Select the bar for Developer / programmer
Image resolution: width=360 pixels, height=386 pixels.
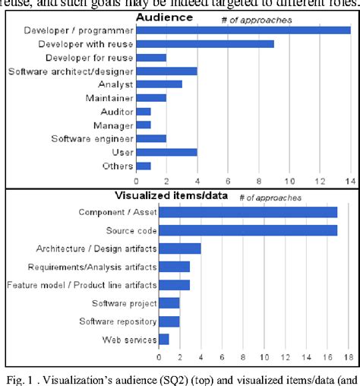pyautogui.click(x=243, y=30)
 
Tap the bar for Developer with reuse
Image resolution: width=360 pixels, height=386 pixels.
pyautogui.click(x=205, y=44)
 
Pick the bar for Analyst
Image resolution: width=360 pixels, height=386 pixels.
pyautogui.click(x=159, y=84)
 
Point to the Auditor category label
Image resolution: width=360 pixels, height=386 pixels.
pyautogui.click(x=117, y=112)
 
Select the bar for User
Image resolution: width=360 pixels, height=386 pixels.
pyautogui.click(x=166, y=152)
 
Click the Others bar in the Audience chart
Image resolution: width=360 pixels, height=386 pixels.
pyautogui.click(x=144, y=166)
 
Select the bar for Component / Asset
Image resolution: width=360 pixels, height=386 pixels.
pyautogui.click(x=248, y=211)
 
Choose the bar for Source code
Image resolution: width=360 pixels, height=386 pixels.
pyautogui.click(x=248, y=229)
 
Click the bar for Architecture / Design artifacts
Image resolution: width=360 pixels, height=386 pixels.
pyautogui.click(x=179, y=248)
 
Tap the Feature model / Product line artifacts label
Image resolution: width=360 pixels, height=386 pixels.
pyautogui.click(x=81, y=285)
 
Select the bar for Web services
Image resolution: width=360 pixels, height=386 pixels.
pyautogui.click(x=163, y=340)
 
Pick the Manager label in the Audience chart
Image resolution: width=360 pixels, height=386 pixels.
pyautogui.click(x=114, y=125)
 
